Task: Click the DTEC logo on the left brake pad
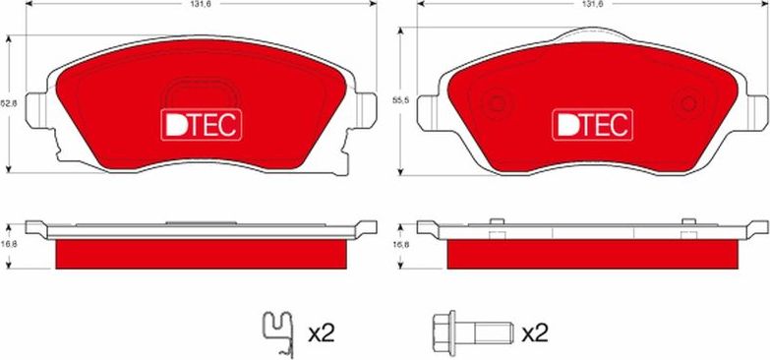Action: pyautogui.click(x=202, y=124)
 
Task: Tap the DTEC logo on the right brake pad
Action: pyautogui.click(x=590, y=124)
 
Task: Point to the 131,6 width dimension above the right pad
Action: pyautogui.click(x=591, y=5)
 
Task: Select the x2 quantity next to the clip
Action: pyautogui.click(x=322, y=334)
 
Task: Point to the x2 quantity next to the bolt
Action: pyautogui.click(x=534, y=334)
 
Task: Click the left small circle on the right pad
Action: pyautogui.click(x=497, y=101)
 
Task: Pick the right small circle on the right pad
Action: pyautogui.click(x=685, y=101)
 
